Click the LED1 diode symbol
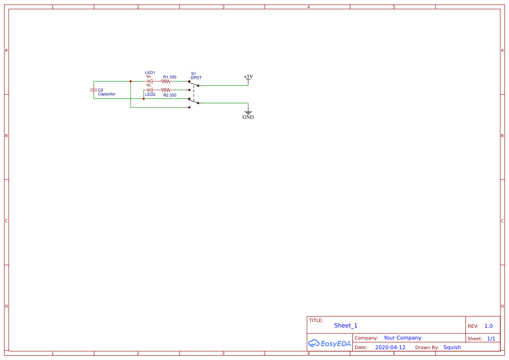(150, 81)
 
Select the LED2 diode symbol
(150, 90)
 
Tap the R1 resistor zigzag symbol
(165, 81)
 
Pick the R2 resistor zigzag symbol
(165, 90)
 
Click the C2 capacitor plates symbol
(93, 90)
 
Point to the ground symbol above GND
(248, 112)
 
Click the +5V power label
(248, 77)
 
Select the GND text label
(248, 117)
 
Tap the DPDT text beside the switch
(196, 78)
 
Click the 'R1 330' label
(170, 77)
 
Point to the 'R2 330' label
(170, 95)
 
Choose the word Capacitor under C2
(107, 94)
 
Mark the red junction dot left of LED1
(131, 81)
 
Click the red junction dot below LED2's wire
(144, 99)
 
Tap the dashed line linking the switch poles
(194, 92)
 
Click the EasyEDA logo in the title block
(329, 343)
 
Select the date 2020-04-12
(390, 347)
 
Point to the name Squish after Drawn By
(452, 347)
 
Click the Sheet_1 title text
(346, 326)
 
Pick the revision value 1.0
(489, 326)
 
